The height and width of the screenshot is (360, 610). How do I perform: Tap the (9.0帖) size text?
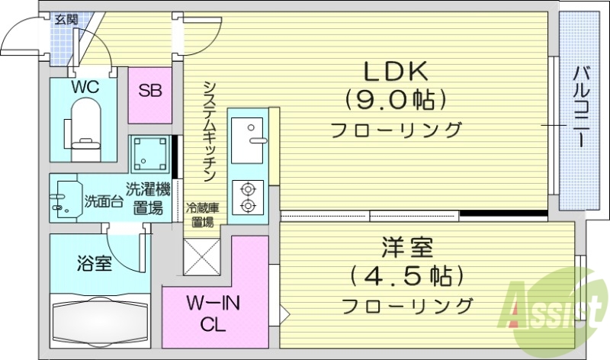396,99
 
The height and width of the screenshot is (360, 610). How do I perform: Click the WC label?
85,87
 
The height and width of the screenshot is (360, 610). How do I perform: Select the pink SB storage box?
149,91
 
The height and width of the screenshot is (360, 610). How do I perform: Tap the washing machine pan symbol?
149,155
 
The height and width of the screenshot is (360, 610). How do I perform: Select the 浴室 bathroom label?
95,265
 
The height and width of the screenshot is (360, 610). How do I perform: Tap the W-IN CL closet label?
214,312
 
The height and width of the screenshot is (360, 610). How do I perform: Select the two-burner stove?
248,198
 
